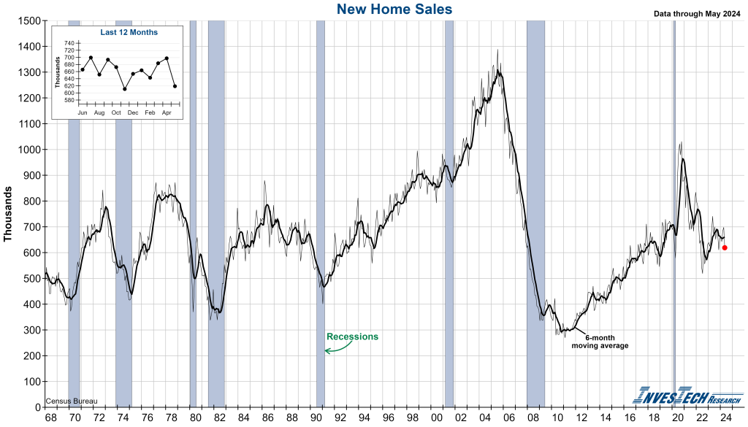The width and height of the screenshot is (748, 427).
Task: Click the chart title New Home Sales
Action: click(394, 9)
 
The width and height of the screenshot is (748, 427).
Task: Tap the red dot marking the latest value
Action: click(725, 247)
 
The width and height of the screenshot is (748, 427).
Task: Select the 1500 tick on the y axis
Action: click(28, 20)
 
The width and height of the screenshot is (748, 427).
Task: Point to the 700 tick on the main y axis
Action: click(31, 227)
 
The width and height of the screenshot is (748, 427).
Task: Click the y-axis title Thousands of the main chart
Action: click(9, 213)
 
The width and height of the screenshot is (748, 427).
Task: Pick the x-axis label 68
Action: click(50, 417)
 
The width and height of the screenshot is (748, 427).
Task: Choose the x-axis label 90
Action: click(316, 417)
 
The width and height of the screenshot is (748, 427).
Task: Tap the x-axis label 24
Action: click(725, 417)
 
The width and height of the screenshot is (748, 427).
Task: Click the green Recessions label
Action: click(352, 336)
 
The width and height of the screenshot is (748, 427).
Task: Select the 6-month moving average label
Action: click(600, 342)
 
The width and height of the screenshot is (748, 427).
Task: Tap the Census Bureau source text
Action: click(71, 401)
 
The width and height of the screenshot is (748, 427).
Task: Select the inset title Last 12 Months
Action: click(129, 32)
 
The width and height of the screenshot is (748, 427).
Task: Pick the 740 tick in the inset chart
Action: click(69, 44)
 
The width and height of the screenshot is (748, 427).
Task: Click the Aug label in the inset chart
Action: click(99, 113)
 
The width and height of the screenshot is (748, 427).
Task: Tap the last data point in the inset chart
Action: click(175, 86)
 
